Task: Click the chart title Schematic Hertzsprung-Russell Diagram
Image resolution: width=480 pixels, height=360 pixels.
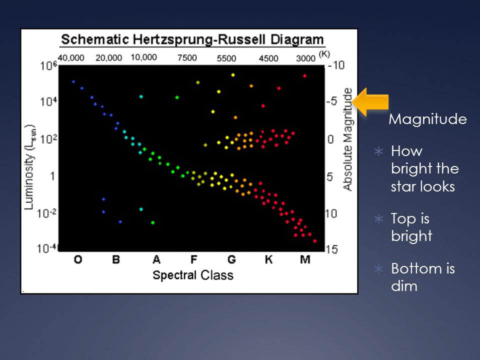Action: pos(192,40)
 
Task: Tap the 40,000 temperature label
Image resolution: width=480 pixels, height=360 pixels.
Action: pos(71,57)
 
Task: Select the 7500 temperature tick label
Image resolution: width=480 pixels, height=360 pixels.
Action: pos(187,57)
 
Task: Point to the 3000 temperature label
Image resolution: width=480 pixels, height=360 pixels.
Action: pos(305,58)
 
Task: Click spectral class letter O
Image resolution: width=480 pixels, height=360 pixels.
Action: pos(78,259)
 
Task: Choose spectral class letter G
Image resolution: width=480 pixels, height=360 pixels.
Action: pos(231,259)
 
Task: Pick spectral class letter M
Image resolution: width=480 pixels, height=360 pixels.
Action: pos(305,259)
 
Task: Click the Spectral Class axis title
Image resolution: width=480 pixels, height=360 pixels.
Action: pos(193,275)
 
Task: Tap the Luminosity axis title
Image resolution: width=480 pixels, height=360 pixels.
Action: pos(29,167)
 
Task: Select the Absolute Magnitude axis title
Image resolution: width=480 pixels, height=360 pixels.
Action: pos(347,139)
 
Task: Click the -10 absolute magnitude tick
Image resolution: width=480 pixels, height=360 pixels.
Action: pos(336,65)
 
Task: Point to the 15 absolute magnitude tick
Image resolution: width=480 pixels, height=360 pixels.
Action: pos(331,249)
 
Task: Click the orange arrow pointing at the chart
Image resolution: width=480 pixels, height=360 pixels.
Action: pos(370,102)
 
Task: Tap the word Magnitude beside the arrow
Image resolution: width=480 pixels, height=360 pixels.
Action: pos(427,119)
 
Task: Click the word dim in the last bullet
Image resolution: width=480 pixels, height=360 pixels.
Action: pos(404,286)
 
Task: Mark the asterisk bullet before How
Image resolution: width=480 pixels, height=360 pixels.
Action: pos(378,151)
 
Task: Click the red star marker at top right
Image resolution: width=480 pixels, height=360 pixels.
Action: pos(304,75)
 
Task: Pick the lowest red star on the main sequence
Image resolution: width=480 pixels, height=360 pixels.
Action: pos(314,241)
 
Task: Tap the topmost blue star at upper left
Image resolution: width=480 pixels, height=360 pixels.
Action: pos(73,81)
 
